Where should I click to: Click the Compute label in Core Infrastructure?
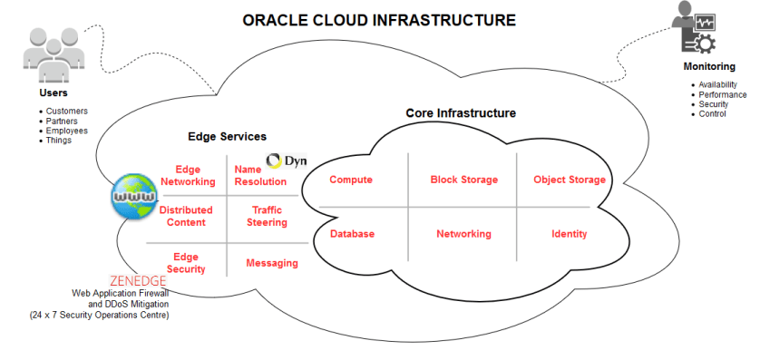click(x=350, y=180)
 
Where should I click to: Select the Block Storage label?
click(x=463, y=180)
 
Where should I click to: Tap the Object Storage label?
click(x=569, y=180)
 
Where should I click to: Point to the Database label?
click(x=352, y=234)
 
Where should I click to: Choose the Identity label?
click(x=569, y=234)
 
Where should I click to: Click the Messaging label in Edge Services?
click(x=271, y=263)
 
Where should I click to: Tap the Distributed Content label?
click(x=186, y=216)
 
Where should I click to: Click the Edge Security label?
click(x=186, y=263)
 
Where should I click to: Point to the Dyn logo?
click(x=287, y=161)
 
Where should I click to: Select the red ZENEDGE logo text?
click(x=137, y=281)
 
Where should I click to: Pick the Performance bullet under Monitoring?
click(x=722, y=94)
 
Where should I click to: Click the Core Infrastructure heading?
click(x=460, y=113)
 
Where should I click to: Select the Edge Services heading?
click(x=227, y=136)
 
